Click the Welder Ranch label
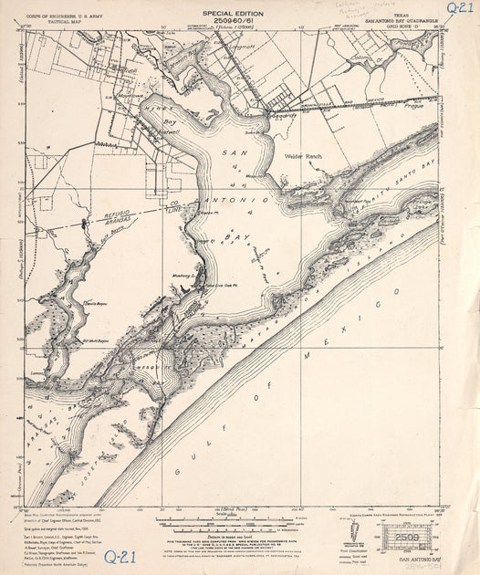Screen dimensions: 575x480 [x=303, y=157]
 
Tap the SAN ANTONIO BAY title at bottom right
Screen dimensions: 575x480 [x=412, y=559]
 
